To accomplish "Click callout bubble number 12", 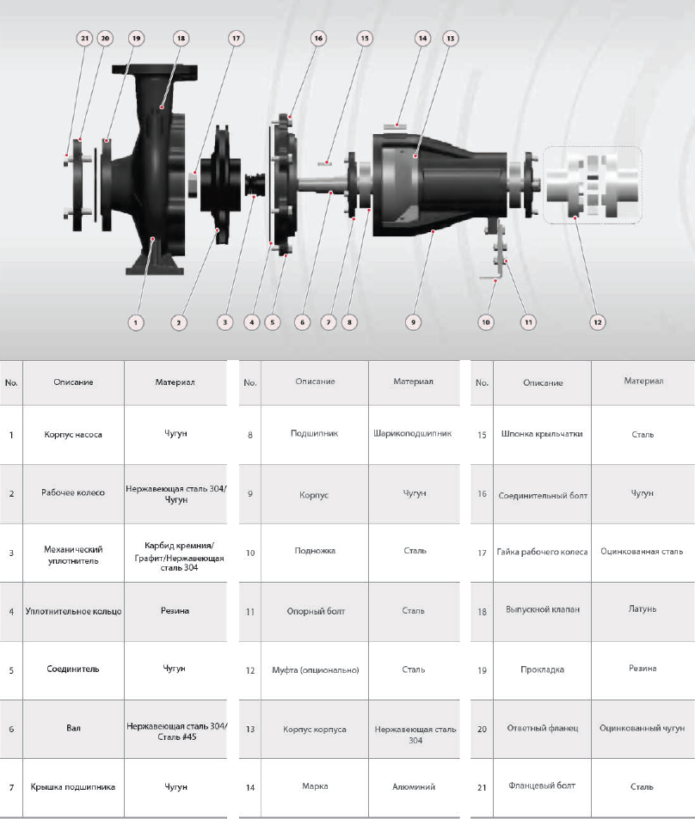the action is coord(597,322).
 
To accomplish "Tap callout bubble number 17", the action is coord(236,38).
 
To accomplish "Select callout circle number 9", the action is coord(413,322).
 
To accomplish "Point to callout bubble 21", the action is coord(84,38).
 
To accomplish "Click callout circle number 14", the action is coord(422,38).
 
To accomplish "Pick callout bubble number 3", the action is coord(224,322).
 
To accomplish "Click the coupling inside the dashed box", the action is coord(593,186).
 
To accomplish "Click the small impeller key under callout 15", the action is coord(323,164).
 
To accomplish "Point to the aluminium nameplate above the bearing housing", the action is coord(396,126).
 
